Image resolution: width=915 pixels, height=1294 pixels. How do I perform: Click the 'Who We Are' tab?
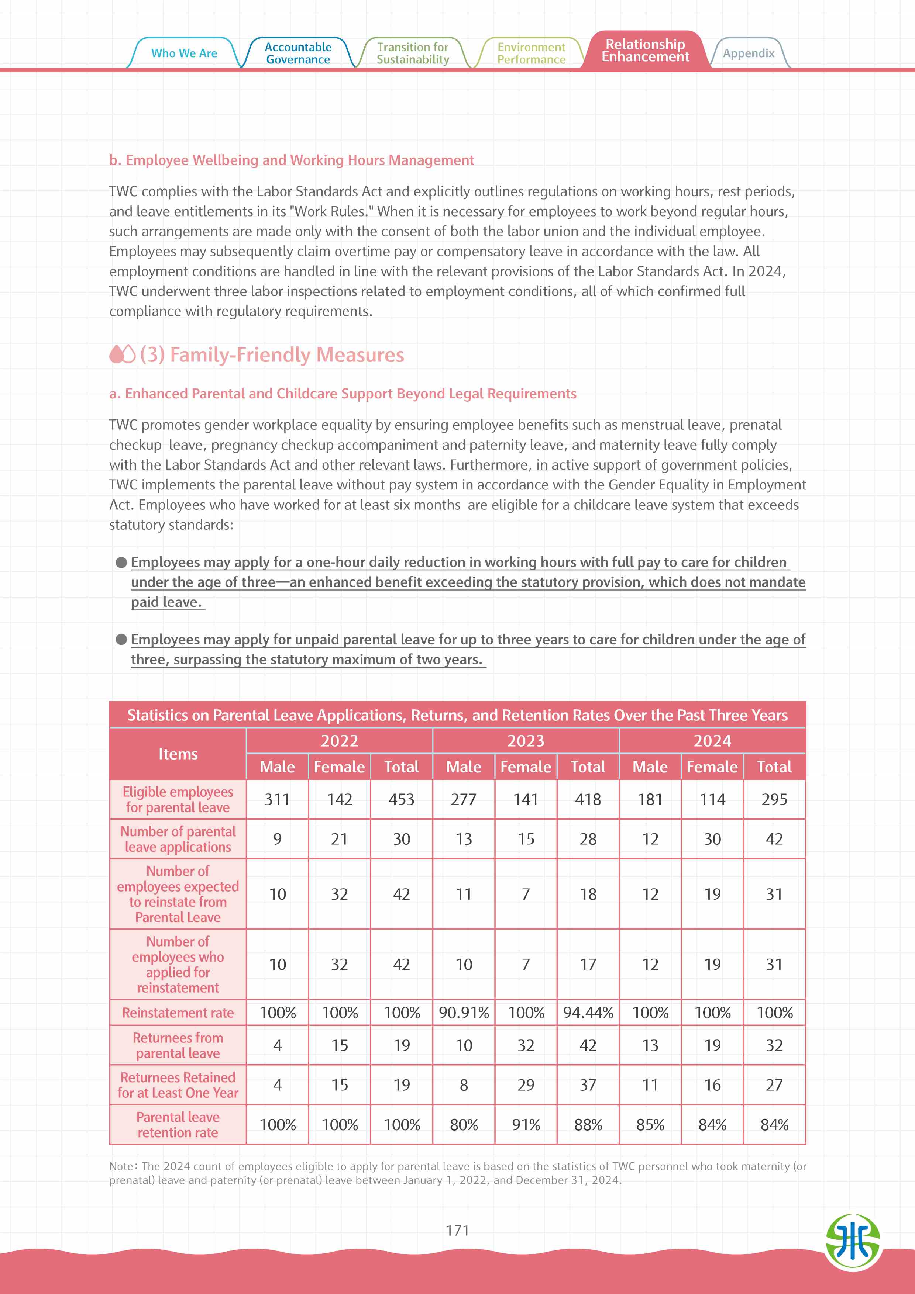184,53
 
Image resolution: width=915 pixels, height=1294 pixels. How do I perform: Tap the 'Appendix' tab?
748,53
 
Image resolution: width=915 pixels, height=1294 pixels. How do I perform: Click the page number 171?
457,1230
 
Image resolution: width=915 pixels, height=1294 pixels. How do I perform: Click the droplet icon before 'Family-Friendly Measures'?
122,354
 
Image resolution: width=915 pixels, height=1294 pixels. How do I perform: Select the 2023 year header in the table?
526,741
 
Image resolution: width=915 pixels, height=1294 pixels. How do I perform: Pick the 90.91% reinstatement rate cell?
464,1013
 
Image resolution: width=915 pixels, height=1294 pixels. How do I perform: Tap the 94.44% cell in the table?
588,1013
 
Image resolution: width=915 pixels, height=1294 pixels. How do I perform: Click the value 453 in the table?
402,799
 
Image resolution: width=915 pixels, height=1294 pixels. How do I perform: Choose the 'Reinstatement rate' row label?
178,1013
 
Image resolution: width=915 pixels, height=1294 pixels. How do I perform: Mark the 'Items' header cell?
178,754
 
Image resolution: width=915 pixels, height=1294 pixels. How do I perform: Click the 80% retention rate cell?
464,1124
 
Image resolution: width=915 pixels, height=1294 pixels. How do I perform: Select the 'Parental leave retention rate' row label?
178,1124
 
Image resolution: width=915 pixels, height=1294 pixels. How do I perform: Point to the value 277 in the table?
464,799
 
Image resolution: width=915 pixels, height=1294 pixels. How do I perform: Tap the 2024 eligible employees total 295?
774,799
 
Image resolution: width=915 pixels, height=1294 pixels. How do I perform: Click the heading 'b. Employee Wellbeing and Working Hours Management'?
292,160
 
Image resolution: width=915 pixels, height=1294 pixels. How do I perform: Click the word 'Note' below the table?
121,1166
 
